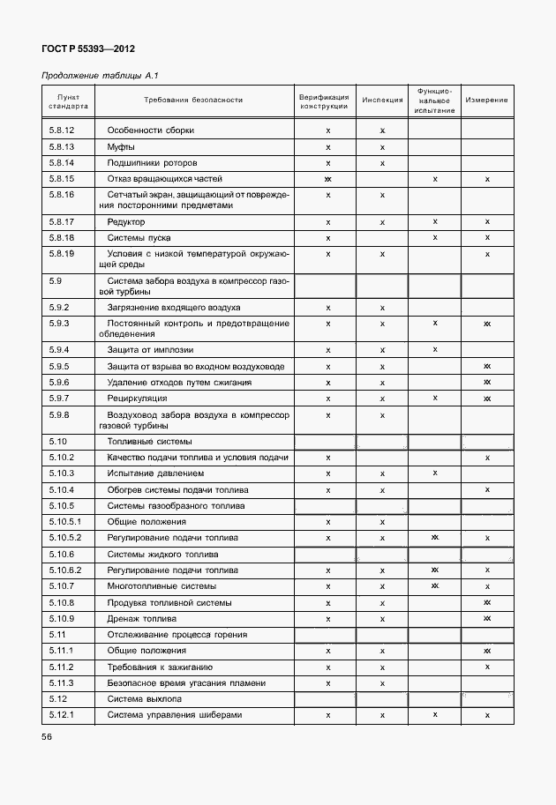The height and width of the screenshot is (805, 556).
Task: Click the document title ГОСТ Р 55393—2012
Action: [x=88, y=49]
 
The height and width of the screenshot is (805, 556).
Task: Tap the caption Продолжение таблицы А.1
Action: [x=100, y=76]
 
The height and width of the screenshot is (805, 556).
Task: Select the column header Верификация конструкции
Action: [x=324, y=101]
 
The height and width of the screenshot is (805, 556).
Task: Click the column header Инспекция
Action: [x=382, y=101]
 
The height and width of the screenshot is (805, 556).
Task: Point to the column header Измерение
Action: [x=486, y=101]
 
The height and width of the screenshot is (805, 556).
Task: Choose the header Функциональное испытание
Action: [x=434, y=101]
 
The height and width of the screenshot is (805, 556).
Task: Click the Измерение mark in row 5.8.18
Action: [x=487, y=238]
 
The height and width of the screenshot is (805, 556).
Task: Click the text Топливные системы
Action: [x=150, y=441]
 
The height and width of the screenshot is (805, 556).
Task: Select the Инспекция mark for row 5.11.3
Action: [x=382, y=683]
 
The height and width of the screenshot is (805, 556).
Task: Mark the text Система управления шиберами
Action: [x=174, y=715]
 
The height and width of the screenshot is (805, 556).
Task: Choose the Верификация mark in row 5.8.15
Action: [x=327, y=179]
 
